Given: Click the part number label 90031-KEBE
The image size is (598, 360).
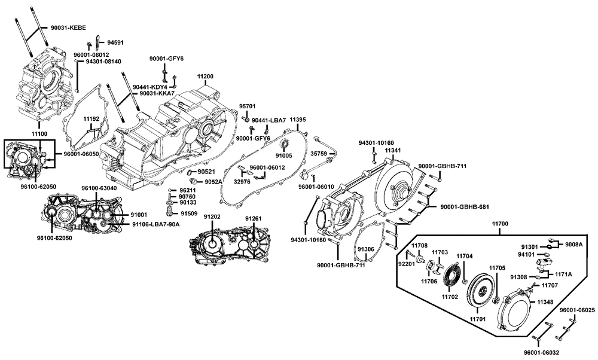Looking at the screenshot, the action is point(68,28).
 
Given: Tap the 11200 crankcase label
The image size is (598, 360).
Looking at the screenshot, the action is point(205,77).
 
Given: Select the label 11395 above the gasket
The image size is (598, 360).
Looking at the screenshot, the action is point(297,120).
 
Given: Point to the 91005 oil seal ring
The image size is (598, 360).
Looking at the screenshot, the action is point(285,144).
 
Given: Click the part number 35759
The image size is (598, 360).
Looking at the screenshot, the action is point(318,154).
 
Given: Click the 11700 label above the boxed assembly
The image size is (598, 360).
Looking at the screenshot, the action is point(500,224).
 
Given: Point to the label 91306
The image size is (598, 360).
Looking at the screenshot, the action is point(366,249).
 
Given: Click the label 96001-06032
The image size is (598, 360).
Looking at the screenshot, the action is point(541,353).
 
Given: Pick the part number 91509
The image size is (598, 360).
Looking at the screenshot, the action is point(189,213).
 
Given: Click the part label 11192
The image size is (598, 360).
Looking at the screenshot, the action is point(91,119).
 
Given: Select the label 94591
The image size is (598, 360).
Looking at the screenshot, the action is point(115,42).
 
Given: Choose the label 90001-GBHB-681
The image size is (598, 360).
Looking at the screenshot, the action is point(465,207).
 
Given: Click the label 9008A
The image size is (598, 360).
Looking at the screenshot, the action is point(573,245).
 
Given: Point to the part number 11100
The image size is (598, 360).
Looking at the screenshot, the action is point(39,134).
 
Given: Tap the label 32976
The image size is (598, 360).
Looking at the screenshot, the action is point(242,182).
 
